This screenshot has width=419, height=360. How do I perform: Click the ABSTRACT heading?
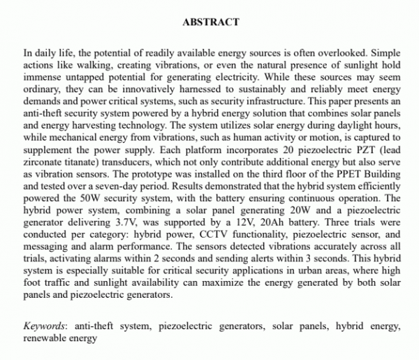[210, 22]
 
